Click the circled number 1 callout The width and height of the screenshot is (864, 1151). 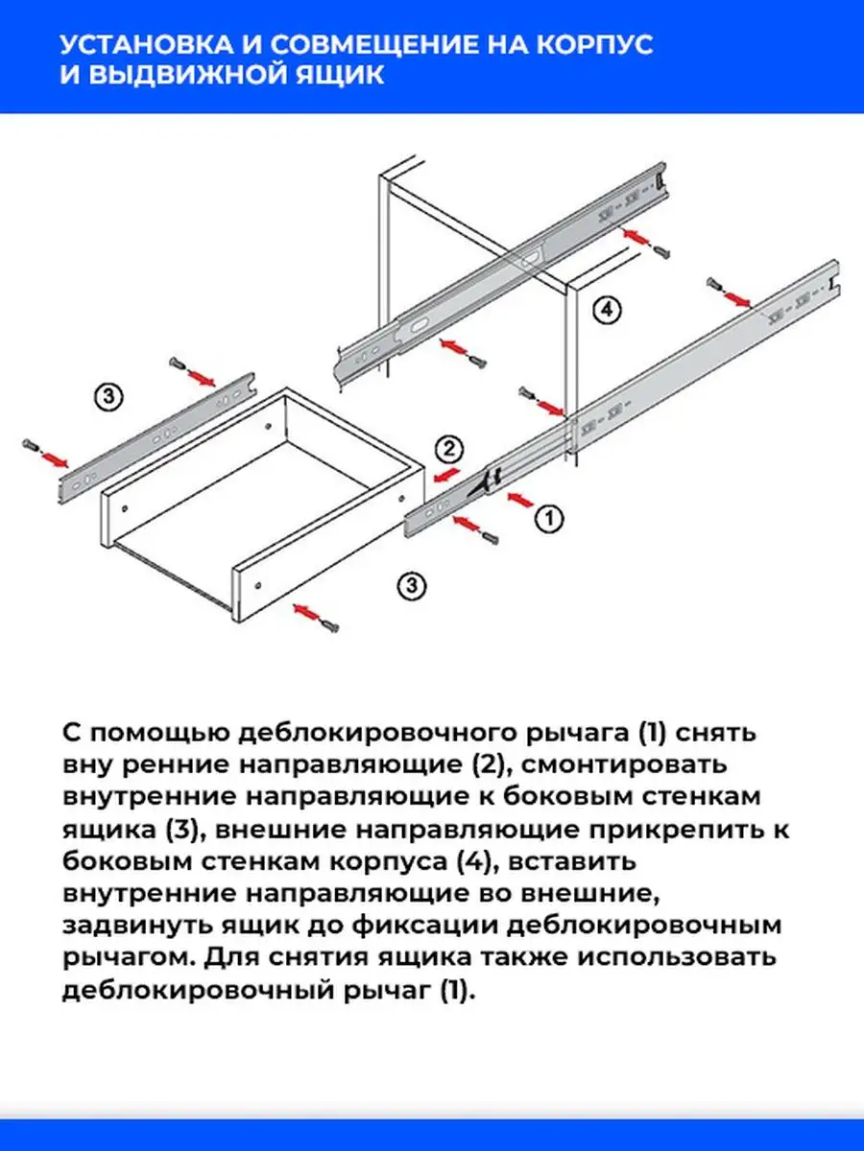tap(548, 519)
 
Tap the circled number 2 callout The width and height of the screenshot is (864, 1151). tap(449, 448)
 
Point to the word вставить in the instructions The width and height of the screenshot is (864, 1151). tap(568, 861)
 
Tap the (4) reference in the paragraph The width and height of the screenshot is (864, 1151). tap(472, 861)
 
